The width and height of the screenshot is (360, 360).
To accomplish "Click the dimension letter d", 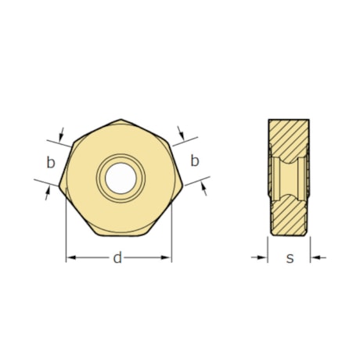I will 118,257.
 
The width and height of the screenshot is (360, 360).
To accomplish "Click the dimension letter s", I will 290,257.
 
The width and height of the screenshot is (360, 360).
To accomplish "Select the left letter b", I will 51,163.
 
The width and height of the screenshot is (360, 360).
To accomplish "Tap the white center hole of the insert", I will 121,177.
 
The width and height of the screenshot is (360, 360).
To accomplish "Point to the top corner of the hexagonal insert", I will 121,120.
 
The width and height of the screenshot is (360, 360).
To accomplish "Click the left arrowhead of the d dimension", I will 70,257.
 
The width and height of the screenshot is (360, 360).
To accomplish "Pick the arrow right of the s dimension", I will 315,257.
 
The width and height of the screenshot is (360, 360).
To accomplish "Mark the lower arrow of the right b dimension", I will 203,186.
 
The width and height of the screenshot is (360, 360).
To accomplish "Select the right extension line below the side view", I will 311,247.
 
